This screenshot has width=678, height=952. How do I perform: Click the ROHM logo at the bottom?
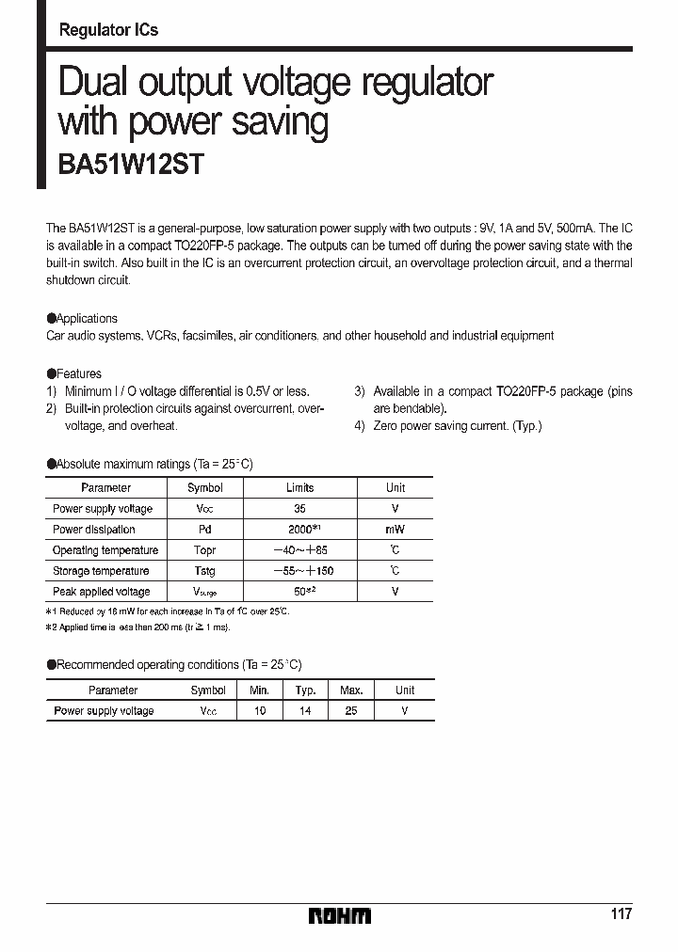[x=340, y=914]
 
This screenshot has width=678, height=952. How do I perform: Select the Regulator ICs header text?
[x=108, y=30]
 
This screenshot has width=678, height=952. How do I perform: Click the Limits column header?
[x=299, y=487]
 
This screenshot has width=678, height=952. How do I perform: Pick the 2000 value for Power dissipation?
[x=299, y=530]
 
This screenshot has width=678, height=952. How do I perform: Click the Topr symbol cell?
[x=204, y=550]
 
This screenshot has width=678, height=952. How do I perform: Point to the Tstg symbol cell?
[x=204, y=571]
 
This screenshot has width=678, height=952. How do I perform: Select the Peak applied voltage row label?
[x=102, y=592]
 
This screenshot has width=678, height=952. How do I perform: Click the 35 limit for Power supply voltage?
[x=299, y=509]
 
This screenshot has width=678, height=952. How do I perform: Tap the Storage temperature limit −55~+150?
[x=300, y=571]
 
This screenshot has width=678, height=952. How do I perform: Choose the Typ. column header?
[x=305, y=690]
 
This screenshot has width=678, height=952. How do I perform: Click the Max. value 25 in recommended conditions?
[x=351, y=711]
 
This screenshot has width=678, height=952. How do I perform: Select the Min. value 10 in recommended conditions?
[x=260, y=711]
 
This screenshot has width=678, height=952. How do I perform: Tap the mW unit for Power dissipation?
[x=395, y=530]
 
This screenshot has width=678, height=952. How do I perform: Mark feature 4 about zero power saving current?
[x=448, y=425]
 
